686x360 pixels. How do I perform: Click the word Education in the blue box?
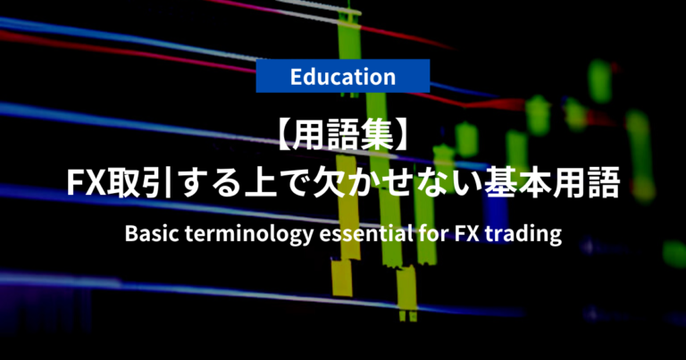coord(343,76)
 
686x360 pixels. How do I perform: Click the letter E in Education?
coord(297,76)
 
